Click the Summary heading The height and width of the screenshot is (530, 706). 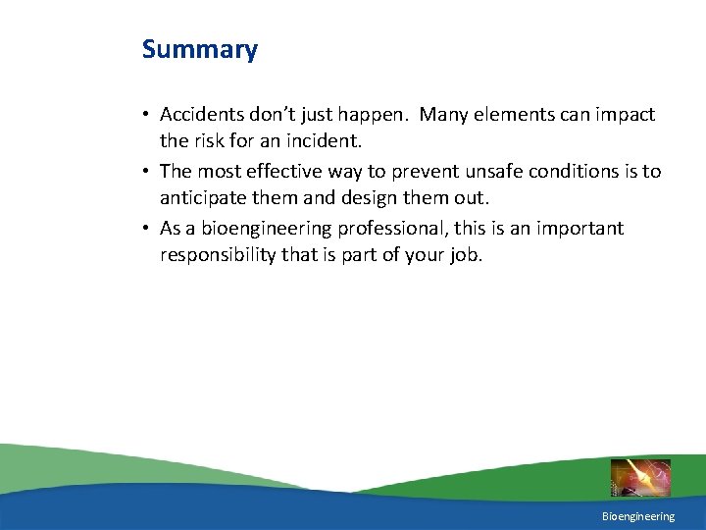(199, 49)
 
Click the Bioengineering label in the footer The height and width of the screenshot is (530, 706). (638, 516)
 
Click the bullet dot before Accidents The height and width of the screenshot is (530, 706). (146, 116)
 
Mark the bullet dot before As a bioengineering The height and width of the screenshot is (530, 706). (146, 230)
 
